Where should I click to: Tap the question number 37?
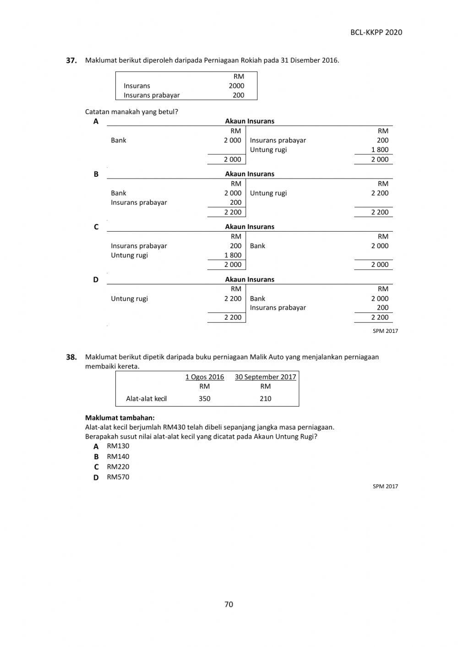click(71, 60)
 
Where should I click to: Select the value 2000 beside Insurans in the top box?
click(236, 86)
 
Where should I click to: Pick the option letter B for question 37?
click(96, 174)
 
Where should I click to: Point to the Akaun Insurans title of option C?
click(250, 227)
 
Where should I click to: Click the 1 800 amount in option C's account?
click(233, 255)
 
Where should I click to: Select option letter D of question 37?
click(96, 279)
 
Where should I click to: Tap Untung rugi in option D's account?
click(129, 299)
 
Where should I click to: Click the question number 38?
click(71, 357)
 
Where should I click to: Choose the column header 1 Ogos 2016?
click(204, 377)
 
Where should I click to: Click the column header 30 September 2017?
click(265, 377)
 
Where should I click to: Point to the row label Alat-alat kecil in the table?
click(146, 398)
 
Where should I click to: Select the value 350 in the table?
click(204, 398)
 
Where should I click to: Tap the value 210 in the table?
click(265, 398)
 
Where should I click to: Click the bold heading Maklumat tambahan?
click(120, 418)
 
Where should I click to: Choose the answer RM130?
click(118, 446)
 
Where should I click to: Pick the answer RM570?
click(118, 477)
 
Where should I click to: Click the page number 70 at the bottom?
click(229, 604)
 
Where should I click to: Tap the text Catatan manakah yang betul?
click(131, 112)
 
